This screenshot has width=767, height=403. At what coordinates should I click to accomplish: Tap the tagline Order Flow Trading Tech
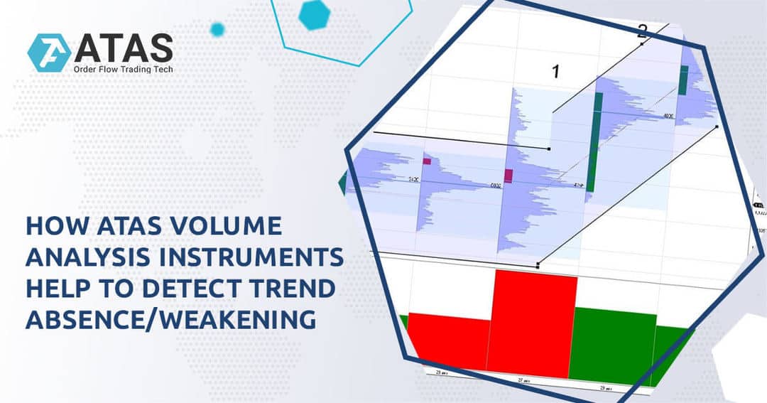pos(122,69)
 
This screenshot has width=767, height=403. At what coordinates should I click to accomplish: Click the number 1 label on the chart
pos(556,71)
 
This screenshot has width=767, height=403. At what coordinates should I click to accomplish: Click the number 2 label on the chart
pos(642,31)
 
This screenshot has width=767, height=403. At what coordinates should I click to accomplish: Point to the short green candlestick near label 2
pos(683,80)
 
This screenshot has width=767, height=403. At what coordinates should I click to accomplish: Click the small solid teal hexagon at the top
pos(313,14)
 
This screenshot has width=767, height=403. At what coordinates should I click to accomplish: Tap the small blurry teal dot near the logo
pos(217,29)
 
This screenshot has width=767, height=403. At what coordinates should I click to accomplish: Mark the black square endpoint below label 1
pos(550,148)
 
